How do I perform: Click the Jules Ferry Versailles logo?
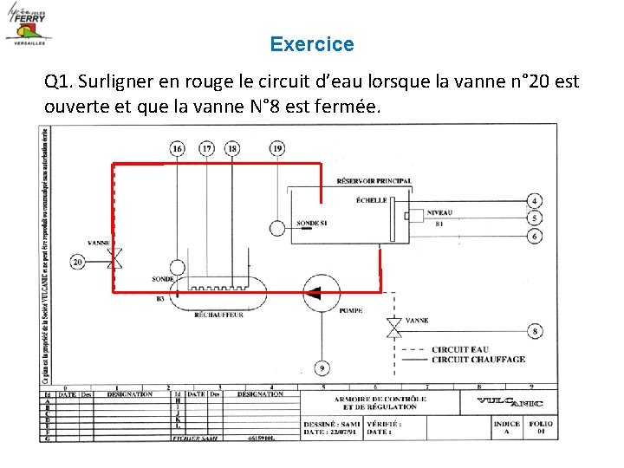[29, 25]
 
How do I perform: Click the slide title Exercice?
[311, 44]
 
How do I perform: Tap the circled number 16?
[177, 149]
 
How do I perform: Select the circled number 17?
[206, 149]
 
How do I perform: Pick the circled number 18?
[232, 149]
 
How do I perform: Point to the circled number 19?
[276, 149]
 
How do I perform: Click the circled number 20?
[78, 261]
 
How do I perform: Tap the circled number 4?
[535, 201]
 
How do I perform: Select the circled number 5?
[535, 218]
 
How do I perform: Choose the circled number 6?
[535, 236]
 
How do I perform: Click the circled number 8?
[535, 331]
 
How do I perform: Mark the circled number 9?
[322, 367]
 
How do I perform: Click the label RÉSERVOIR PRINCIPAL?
[374, 181]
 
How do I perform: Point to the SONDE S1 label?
[312, 223]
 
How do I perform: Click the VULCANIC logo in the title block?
[510, 402]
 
